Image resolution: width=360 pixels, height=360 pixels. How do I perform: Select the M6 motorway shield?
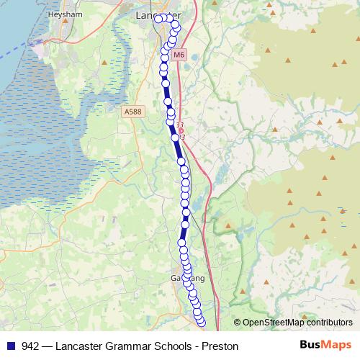[179, 54]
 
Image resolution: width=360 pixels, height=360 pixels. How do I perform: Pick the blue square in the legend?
[12, 346]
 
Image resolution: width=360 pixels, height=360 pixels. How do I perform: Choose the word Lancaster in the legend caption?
[88, 346]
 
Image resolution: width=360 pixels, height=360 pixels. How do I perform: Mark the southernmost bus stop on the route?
[202, 323]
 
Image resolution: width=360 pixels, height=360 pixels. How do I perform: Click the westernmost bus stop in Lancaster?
[158, 19]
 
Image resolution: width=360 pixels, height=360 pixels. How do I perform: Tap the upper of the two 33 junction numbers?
[179, 125]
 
